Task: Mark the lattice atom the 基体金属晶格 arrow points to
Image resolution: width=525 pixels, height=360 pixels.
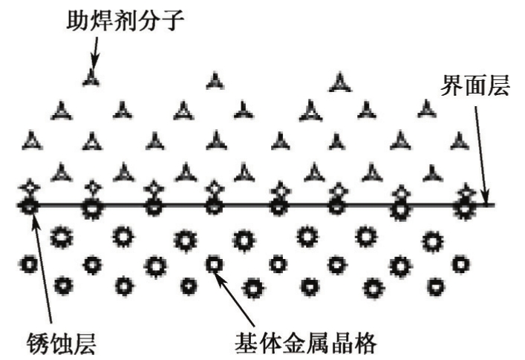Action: tap(214, 264)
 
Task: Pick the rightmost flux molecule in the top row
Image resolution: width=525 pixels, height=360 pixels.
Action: tap(339, 82)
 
